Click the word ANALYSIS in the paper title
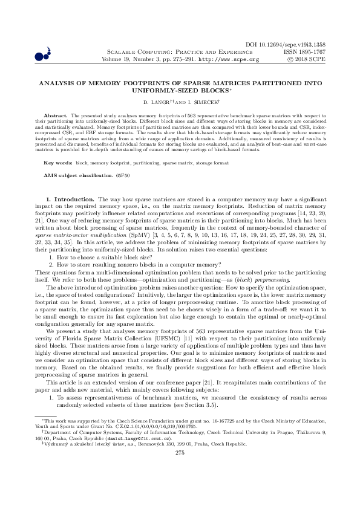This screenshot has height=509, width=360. tap(56, 86)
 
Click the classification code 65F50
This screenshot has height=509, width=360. tap(122, 175)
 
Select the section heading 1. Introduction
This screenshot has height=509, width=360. tap(70, 199)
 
